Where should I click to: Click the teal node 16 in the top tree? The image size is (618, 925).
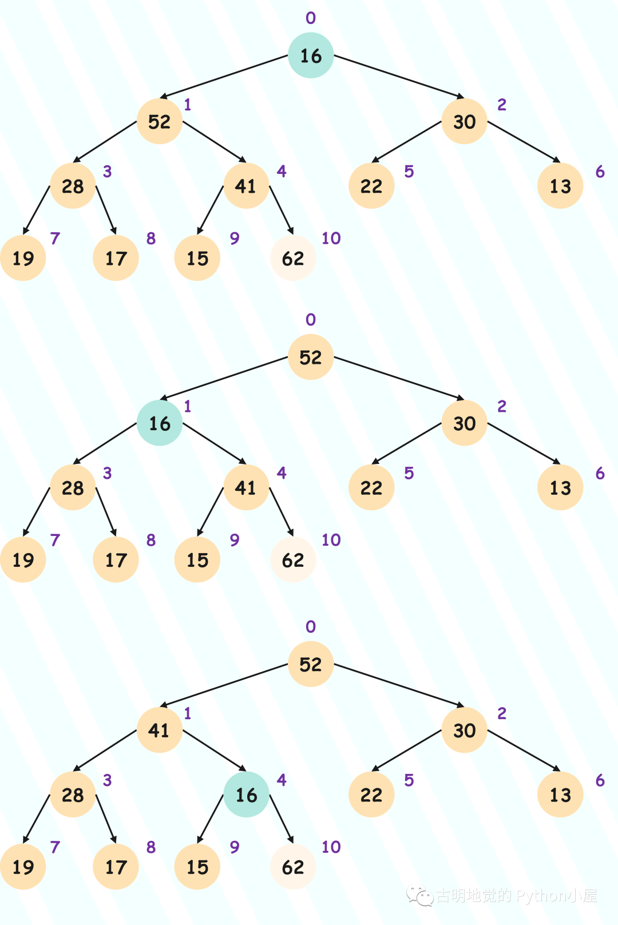pyautogui.click(x=311, y=55)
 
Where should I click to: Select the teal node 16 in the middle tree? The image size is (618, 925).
pyautogui.click(x=160, y=423)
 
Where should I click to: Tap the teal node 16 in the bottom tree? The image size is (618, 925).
pyautogui.click(x=246, y=795)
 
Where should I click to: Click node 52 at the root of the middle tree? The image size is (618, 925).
pyautogui.click(x=311, y=357)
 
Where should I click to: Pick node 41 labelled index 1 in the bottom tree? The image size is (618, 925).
pyautogui.click(x=160, y=730)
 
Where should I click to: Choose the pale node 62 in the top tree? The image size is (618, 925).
pyautogui.click(x=293, y=258)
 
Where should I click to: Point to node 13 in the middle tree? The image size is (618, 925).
pyautogui.click(x=560, y=487)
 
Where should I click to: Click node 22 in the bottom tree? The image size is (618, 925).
pyautogui.click(x=371, y=795)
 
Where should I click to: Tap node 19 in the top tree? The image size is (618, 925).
pyautogui.click(x=23, y=258)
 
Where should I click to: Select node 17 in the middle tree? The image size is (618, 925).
pyautogui.click(x=116, y=559)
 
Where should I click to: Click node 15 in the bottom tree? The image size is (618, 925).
pyautogui.click(x=197, y=867)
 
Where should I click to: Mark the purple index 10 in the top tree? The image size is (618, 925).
pyautogui.click(x=331, y=239)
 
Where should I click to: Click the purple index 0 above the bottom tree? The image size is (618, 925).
pyautogui.click(x=311, y=626)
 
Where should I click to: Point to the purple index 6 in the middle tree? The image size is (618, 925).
pyautogui.click(x=600, y=473)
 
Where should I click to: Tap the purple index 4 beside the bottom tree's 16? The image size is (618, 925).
pyautogui.click(x=282, y=780)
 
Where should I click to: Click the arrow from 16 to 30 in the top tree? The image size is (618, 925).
pyautogui.click(x=399, y=77)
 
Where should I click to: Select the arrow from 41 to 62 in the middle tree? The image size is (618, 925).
pyautogui.click(x=282, y=512)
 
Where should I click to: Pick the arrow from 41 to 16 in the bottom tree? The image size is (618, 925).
pyautogui.click(x=215, y=751)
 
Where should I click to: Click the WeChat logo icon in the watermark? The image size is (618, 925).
pyautogui.click(x=419, y=896)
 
